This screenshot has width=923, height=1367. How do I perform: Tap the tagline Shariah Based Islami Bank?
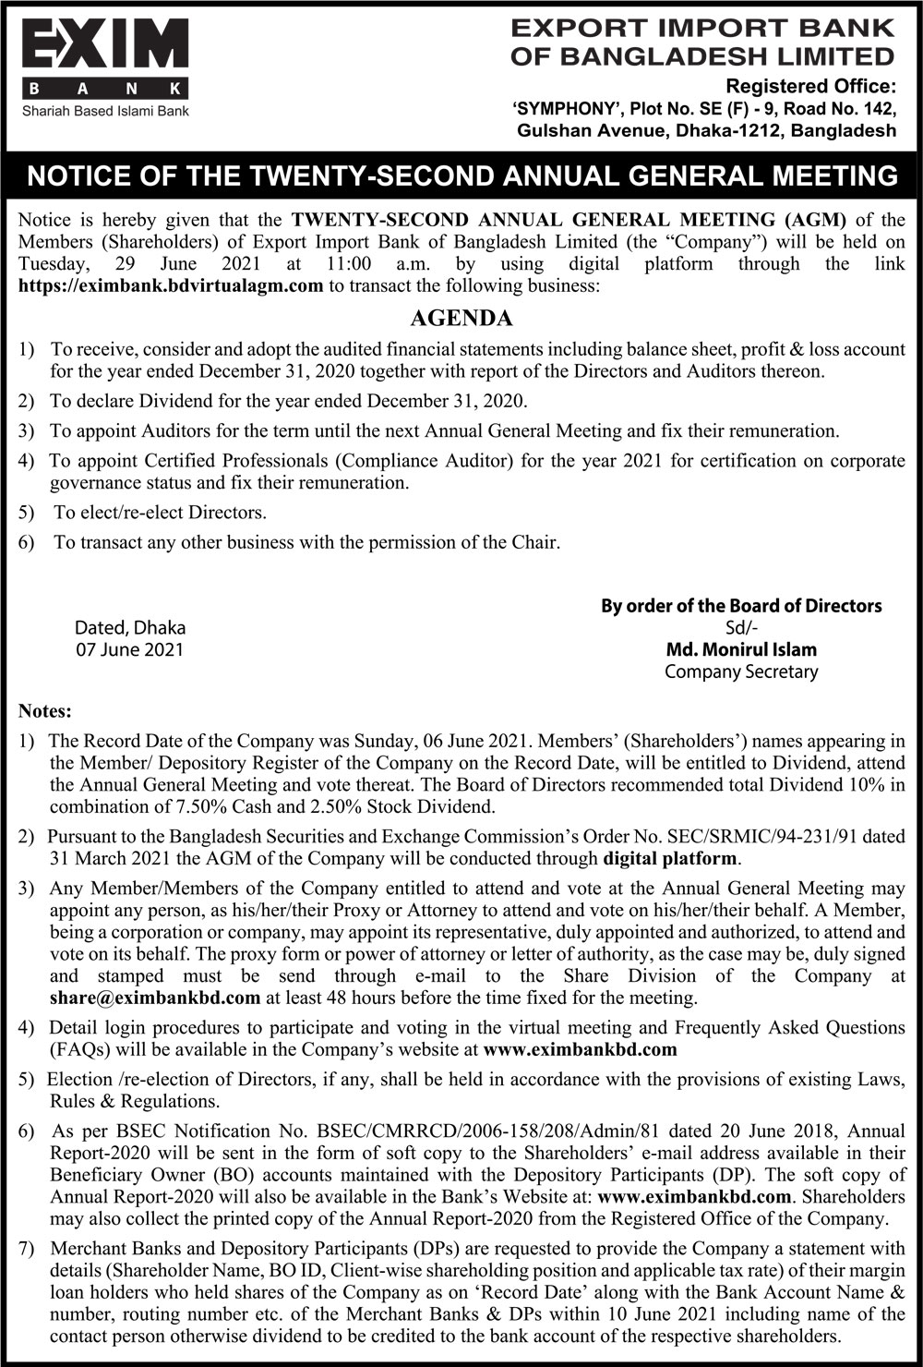point(105,111)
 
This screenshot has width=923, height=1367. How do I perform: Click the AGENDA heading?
point(461,319)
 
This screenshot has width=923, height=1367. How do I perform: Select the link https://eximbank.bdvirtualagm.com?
point(171,285)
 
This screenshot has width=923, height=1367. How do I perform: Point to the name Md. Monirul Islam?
point(741,649)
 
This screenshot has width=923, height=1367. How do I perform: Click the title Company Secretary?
point(741,671)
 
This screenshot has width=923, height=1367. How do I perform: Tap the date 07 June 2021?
point(129,649)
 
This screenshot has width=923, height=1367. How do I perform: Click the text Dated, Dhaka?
point(129,627)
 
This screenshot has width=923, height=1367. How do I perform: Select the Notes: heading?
point(44,711)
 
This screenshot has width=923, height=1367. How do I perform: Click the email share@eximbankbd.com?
point(154,998)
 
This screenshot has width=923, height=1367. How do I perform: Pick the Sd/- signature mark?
point(741,627)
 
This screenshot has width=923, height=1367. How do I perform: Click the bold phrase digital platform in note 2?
point(670,858)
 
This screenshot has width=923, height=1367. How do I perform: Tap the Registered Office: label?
point(811,87)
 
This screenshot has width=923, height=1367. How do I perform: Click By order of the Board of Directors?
point(741,606)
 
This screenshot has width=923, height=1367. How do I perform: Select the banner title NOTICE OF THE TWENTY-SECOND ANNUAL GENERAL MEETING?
point(461,175)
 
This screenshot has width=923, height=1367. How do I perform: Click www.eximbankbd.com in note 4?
point(580,1049)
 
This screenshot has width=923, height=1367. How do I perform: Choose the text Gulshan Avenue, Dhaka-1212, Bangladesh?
point(706,130)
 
